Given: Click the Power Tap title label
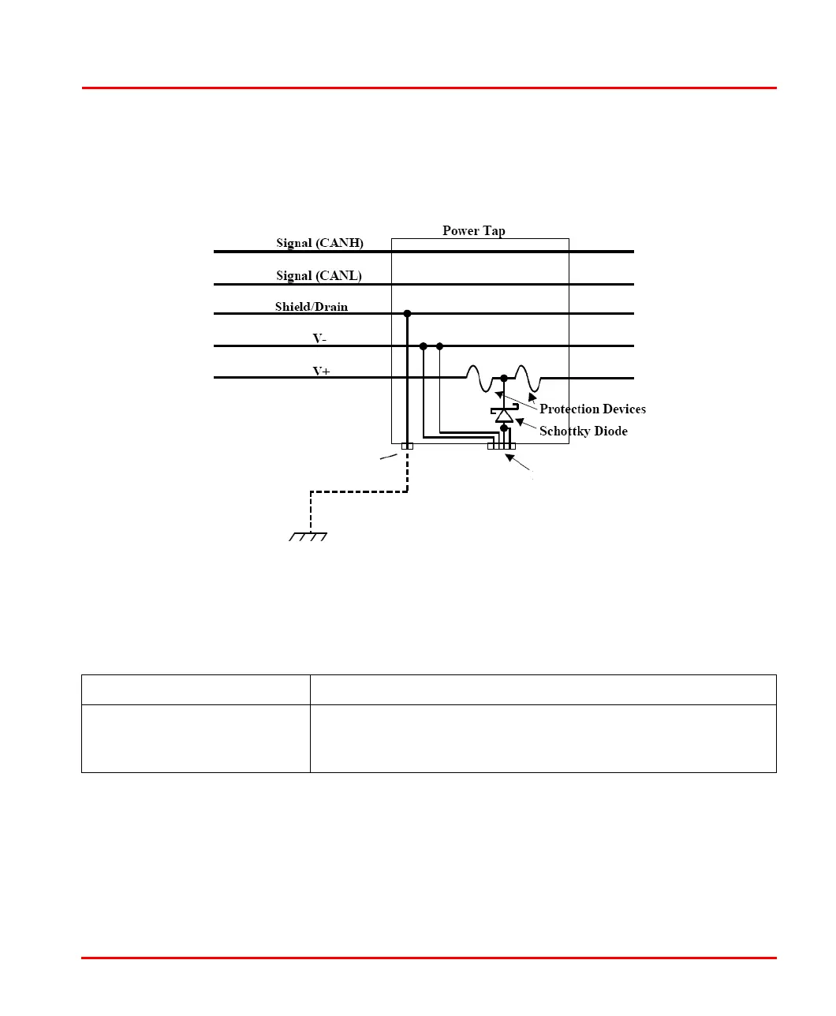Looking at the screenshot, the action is [x=473, y=230].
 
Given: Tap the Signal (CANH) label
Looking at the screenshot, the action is [x=319, y=243].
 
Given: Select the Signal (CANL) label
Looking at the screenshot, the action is [x=319, y=275].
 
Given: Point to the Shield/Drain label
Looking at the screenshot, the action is [x=312, y=307].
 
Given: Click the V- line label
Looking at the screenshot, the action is [x=319, y=338].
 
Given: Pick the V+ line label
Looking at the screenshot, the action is [x=321, y=371].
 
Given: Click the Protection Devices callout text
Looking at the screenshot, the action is [x=592, y=409].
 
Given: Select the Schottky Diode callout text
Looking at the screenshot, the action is [x=583, y=431].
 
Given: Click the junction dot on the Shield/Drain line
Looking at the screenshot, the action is [x=407, y=313].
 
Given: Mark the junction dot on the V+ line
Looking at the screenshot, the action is [x=504, y=378].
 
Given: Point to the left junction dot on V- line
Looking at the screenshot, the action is [x=424, y=346].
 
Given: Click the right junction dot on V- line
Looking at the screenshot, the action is [x=439, y=346].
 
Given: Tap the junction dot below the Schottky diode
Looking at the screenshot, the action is [x=504, y=428].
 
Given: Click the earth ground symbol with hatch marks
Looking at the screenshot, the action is [x=308, y=537].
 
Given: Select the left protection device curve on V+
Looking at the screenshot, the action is [x=478, y=379].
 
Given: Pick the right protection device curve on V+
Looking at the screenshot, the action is [x=527, y=379].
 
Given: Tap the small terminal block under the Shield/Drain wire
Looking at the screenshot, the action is [x=407, y=446].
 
